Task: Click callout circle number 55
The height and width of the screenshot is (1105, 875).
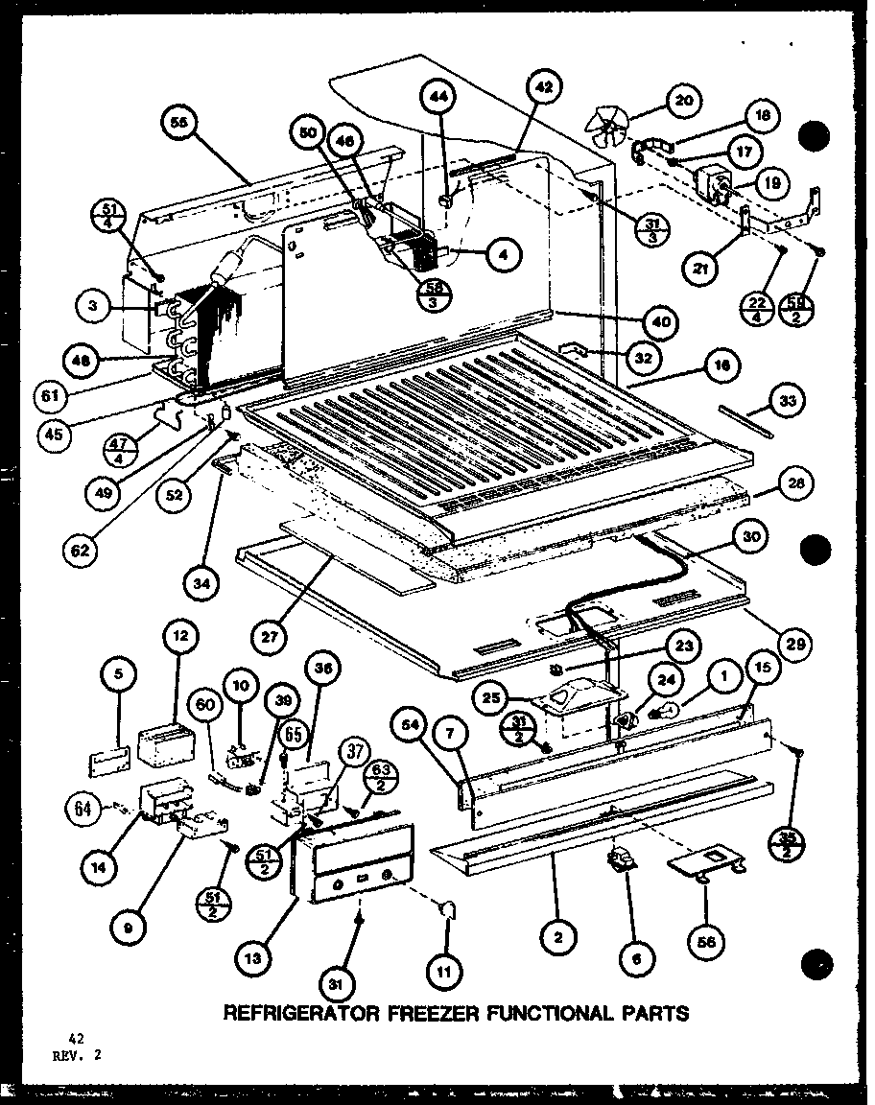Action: click(x=179, y=123)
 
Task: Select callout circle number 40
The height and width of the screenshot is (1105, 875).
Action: click(x=662, y=320)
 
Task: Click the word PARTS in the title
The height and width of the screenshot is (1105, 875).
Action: click(x=652, y=1013)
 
